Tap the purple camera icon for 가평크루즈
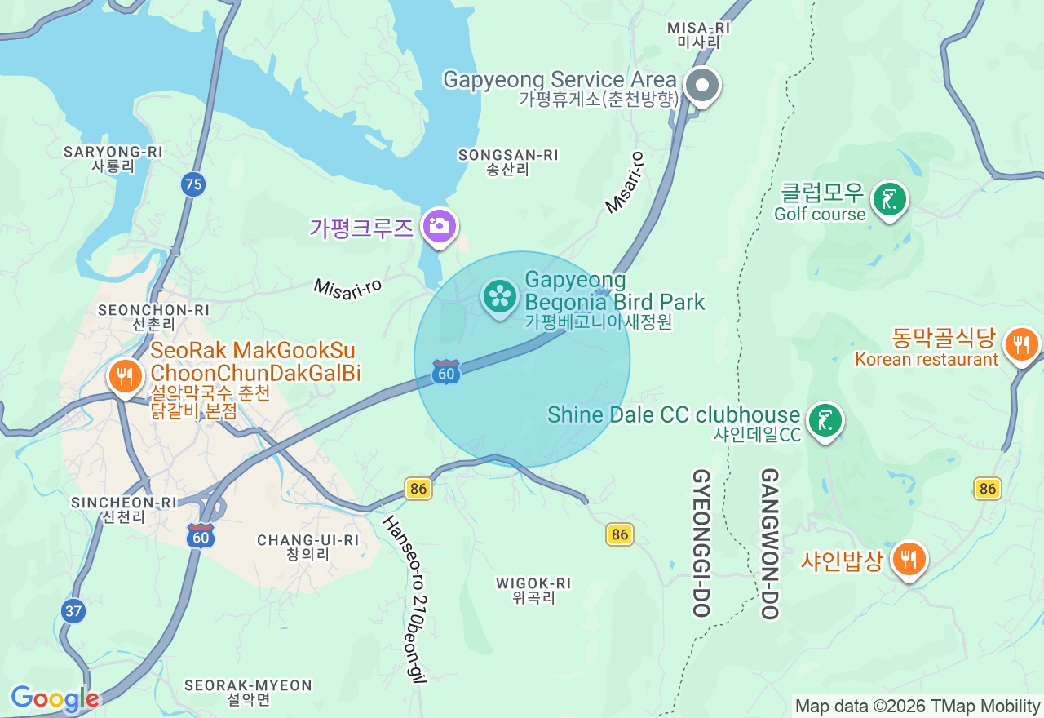click(440, 226)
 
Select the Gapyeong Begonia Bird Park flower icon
click(500, 296)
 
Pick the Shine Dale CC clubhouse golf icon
click(825, 421)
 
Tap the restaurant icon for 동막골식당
click(1020, 344)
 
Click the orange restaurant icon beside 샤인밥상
click(909, 560)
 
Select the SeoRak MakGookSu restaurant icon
click(125, 377)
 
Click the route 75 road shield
click(193, 184)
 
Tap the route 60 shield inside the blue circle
click(446, 372)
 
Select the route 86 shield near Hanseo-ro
click(418, 489)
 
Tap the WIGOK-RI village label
click(533, 590)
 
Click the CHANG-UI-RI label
click(307, 547)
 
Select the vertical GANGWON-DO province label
click(770, 543)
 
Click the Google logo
click(55, 698)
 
